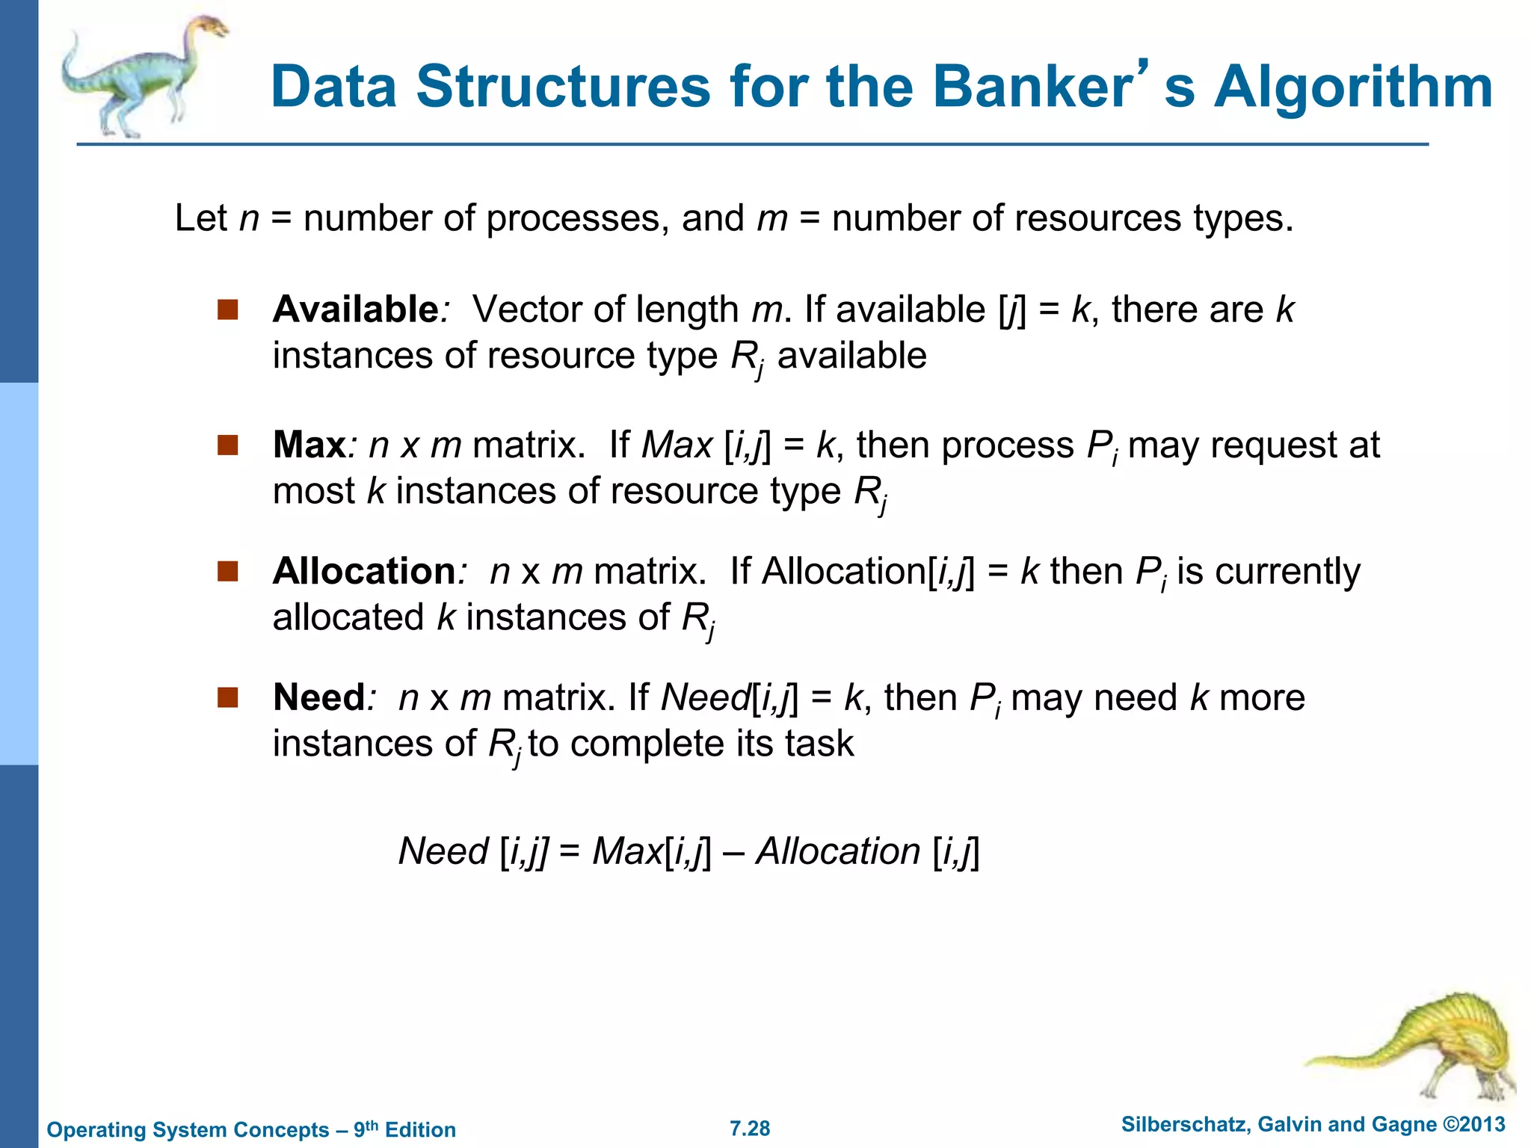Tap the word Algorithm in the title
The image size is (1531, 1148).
pyautogui.click(x=1352, y=87)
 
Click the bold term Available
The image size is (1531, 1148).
pyautogui.click(x=355, y=309)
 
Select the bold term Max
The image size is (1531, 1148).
pyautogui.click(x=309, y=445)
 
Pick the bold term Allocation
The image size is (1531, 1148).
pyautogui.click(x=364, y=572)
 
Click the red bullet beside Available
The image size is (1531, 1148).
pyautogui.click(x=227, y=309)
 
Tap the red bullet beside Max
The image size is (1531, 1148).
pyautogui.click(x=227, y=445)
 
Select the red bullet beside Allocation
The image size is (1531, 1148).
pyautogui.click(x=227, y=572)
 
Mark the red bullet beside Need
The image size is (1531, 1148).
pyautogui.click(x=227, y=698)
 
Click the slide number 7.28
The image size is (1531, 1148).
pyautogui.click(x=750, y=1129)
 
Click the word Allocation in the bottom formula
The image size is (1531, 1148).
pyautogui.click(x=838, y=852)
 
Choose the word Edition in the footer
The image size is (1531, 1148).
pyautogui.click(x=420, y=1130)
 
